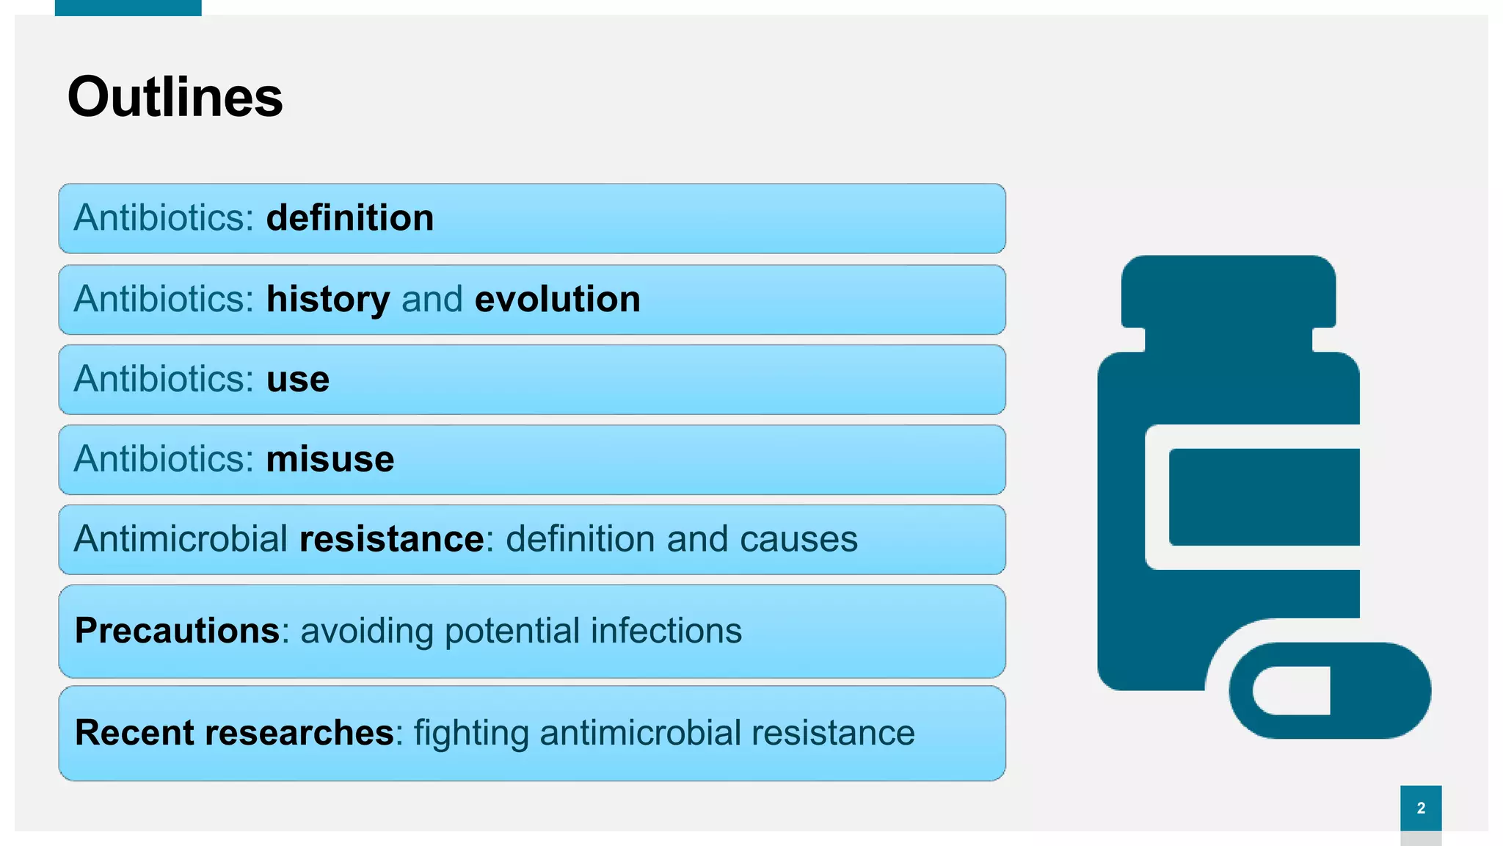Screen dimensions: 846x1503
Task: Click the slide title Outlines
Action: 175,97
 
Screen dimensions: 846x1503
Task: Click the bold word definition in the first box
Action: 349,218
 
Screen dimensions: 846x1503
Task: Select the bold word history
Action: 327,300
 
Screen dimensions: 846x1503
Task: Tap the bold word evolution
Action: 557,300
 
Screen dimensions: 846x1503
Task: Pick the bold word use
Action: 297,380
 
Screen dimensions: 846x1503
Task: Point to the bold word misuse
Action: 330,460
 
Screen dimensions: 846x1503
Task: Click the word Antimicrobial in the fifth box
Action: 181,539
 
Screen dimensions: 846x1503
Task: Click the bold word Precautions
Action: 177,631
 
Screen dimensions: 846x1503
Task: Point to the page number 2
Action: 1421,808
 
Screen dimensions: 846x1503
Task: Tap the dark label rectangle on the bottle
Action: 1264,496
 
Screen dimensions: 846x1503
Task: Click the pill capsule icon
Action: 1330,690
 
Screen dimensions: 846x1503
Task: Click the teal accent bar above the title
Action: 128,7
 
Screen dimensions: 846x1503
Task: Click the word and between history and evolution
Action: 432,300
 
